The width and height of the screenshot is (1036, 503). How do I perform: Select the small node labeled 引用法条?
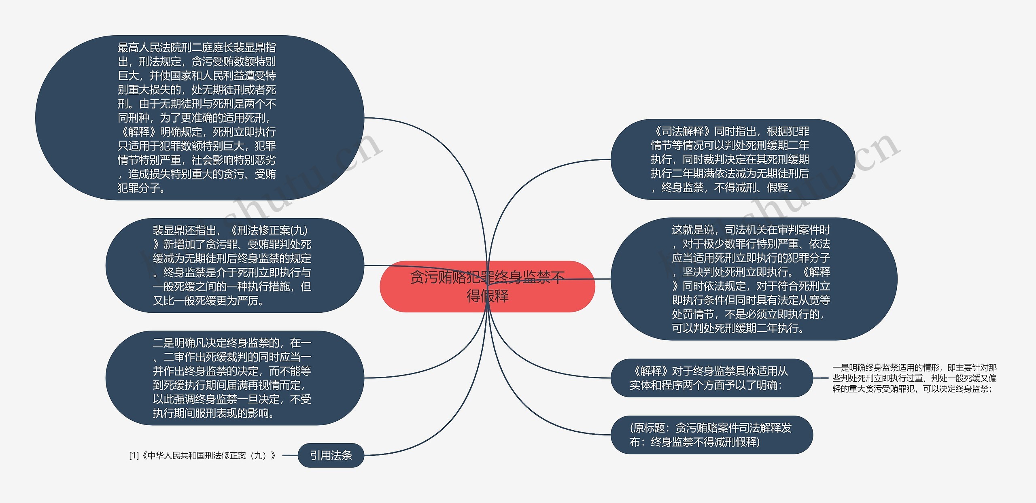click(x=331, y=455)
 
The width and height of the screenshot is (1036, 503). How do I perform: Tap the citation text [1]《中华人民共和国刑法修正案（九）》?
click(x=202, y=456)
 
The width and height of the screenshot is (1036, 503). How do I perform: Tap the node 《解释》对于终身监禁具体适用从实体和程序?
click(x=711, y=378)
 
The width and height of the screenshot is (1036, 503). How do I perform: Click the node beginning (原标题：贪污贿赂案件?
click(x=711, y=435)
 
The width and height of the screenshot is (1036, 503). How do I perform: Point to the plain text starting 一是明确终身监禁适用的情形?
click(x=914, y=378)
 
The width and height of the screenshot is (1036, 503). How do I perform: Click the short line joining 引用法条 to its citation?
click(x=290, y=455)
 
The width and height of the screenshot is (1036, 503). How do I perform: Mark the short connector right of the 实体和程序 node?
click(x=821, y=378)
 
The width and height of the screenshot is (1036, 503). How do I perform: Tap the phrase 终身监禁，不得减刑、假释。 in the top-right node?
click(x=727, y=188)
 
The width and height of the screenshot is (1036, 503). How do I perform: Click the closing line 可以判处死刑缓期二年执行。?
click(x=738, y=328)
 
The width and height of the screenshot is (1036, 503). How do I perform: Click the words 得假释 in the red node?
click(x=487, y=296)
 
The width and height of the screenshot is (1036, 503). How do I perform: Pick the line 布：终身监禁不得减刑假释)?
click(x=694, y=442)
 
